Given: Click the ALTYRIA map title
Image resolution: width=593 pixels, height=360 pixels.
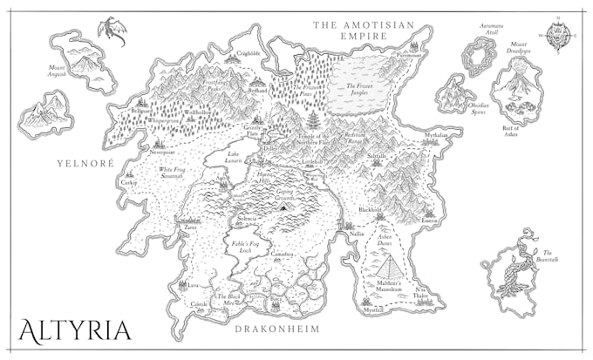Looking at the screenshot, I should [x=75, y=330].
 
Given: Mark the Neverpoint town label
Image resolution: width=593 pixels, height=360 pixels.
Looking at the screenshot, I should [x=163, y=151].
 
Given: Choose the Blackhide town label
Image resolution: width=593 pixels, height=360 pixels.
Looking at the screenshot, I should [x=370, y=210].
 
